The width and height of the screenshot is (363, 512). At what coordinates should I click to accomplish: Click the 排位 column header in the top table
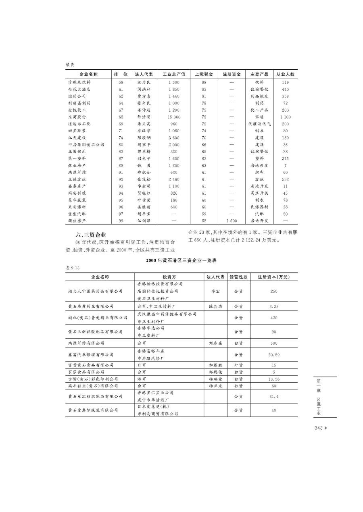(x=121, y=75)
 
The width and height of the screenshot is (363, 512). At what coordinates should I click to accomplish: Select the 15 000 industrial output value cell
(x=174, y=117)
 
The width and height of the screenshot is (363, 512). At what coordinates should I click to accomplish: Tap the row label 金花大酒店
(x=79, y=89)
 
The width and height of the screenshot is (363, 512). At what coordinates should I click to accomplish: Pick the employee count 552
(x=285, y=179)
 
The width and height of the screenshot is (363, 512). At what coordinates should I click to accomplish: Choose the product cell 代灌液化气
(x=259, y=124)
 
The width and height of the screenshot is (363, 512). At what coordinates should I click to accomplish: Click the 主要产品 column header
(x=259, y=75)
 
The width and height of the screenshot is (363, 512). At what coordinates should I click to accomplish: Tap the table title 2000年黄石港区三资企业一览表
(x=181, y=260)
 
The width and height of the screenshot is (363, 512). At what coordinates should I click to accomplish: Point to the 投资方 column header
(x=169, y=277)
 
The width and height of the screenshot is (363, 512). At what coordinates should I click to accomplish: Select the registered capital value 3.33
(x=274, y=306)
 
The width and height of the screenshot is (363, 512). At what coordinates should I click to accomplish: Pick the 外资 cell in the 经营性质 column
(x=238, y=365)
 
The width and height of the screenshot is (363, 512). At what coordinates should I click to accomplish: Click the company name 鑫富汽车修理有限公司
(x=91, y=355)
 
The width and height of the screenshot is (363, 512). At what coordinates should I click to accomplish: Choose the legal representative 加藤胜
(x=216, y=365)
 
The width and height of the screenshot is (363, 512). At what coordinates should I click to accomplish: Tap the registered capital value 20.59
(x=274, y=355)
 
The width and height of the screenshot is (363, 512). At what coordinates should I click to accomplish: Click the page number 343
(x=318, y=428)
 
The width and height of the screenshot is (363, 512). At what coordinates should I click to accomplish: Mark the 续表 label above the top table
(x=70, y=65)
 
